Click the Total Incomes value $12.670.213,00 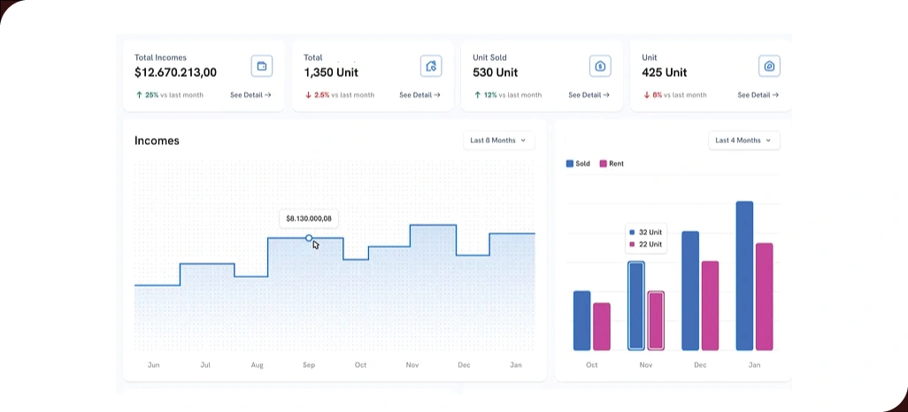[175, 72]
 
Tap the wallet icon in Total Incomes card [261, 66]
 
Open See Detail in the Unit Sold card [589, 95]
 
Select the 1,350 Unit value [331, 72]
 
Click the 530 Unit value [496, 72]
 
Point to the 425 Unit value [664, 72]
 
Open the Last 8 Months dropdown [498, 141]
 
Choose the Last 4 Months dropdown [743, 141]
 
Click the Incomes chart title [157, 141]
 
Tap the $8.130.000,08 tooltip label [309, 218]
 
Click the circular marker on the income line [309, 238]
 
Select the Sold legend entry [578, 164]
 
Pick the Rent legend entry [612, 164]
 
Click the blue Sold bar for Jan [744, 276]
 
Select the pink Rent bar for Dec [710, 305]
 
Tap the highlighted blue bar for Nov [636, 306]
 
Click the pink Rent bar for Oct [602, 326]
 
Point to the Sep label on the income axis [309, 365]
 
